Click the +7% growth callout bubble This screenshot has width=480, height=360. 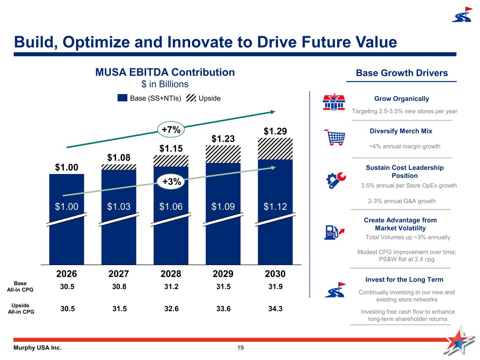click(x=171, y=129)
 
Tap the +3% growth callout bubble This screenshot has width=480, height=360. click(x=172, y=181)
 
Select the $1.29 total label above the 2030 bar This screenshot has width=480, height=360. click(x=275, y=131)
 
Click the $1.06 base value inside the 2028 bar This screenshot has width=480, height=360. click(x=171, y=206)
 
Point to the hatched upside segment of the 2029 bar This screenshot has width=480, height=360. click(x=223, y=154)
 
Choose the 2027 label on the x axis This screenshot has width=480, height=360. click(x=119, y=274)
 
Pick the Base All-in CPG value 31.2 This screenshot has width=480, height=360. click(x=171, y=287)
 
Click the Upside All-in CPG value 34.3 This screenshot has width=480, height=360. click(x=275, y=309)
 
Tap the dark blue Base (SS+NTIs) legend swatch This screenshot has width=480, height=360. click(x=122, y=98)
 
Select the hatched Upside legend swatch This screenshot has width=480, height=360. click(x=191, y=98)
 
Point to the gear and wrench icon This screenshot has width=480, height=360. click(x=336, y=180)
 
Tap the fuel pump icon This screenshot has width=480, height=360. click(x=334, y=232)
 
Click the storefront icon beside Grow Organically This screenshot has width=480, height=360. click(x=332, y=102)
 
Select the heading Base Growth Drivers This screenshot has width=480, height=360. click(x=402, y=73)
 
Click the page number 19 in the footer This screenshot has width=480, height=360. click(x=241, y=348)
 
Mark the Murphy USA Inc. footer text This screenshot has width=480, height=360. click(x=37, y=348)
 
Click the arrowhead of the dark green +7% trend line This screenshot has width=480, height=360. click(x=273, y=112)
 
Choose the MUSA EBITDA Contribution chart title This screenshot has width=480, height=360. click(x=165, y=72)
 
